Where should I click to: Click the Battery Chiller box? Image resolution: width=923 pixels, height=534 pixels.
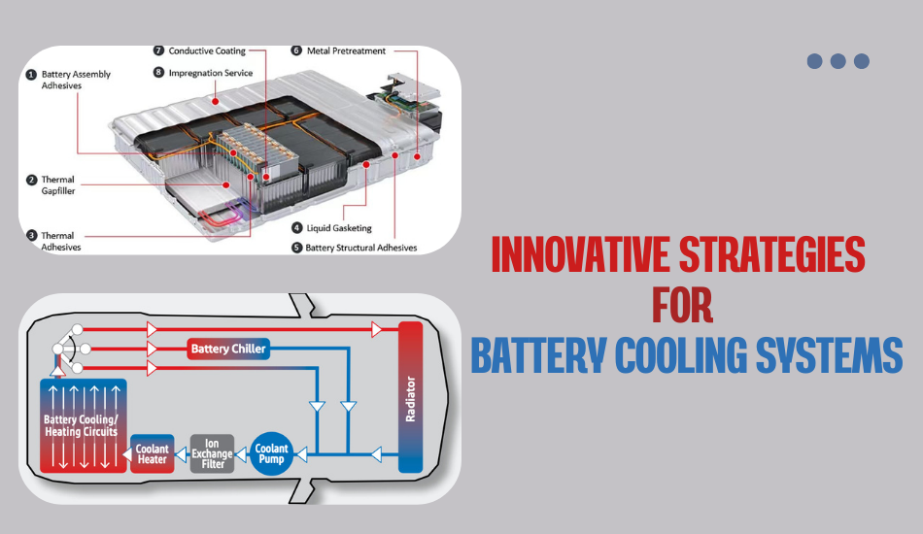[227, 349]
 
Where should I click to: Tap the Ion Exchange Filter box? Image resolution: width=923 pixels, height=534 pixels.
[212, 452]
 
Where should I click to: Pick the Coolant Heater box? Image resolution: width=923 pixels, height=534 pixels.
[153, 453]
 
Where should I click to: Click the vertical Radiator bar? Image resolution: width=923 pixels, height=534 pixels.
[410, 396]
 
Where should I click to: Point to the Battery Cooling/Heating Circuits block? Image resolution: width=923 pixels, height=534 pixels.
[81, 425]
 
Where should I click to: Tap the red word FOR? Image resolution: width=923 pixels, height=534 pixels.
[682, 305]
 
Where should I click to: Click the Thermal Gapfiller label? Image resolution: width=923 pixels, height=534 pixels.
[57, 185]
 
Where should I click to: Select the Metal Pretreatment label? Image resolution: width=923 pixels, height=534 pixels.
[345, 50]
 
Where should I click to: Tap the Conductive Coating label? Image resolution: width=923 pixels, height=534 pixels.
[206, 50]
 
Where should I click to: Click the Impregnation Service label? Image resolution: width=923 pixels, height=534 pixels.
[210, 73]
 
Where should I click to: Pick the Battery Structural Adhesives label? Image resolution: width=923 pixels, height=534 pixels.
[360, 248]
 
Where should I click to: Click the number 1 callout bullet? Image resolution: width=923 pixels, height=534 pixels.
[32, 74]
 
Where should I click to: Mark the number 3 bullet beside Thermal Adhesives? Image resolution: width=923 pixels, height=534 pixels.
[32, 235]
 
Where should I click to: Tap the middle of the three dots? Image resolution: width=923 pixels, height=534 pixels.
[838, 61]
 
